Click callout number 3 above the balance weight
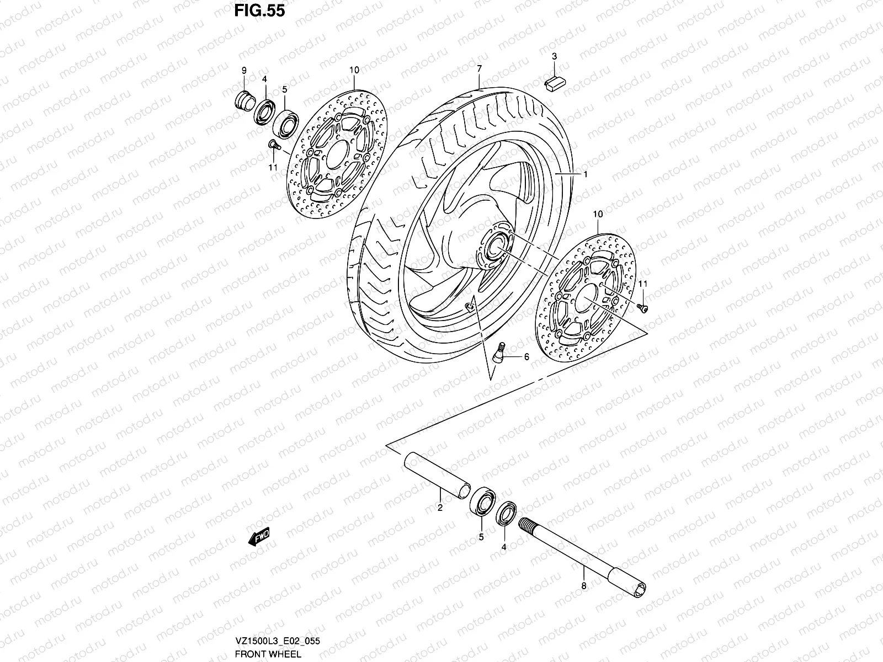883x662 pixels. point(554,56)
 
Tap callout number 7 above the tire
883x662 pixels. point(480,69)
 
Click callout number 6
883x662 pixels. point(526,357)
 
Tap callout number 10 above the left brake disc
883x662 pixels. point(354,70)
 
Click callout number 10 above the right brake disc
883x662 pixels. point(598,213)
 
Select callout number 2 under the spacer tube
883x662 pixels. point(440,507)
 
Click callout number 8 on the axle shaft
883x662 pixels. point(583,586)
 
